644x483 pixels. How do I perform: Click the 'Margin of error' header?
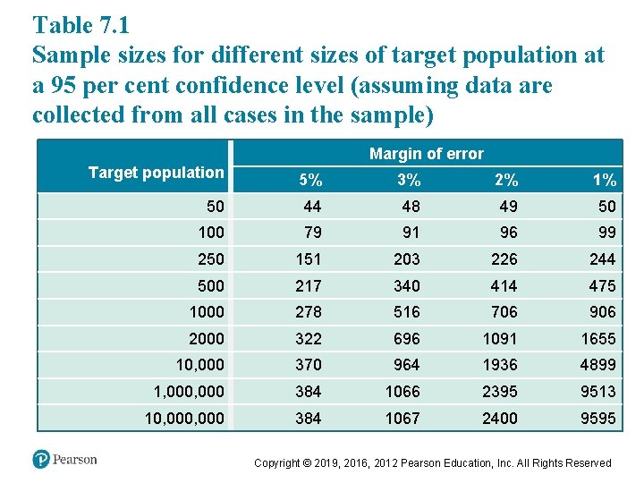[426, 154]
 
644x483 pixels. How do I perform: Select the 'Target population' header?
[156, 173]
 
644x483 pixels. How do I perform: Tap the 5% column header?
[310, 180]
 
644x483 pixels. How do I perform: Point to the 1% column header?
[605, 180]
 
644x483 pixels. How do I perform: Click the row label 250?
[211, 258]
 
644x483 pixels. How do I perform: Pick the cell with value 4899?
[598, 365]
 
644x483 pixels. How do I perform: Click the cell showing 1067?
[403, 418]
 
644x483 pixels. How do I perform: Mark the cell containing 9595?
[598, 418]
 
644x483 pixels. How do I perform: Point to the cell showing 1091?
[502, 339]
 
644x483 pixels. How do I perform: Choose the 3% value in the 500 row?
[408, 285]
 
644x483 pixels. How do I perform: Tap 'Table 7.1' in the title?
[80, 23]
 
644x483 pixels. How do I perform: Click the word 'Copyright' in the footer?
[282, 462]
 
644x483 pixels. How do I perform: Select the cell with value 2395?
[502, 391]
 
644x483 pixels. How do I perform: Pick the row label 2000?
[207, 338]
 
